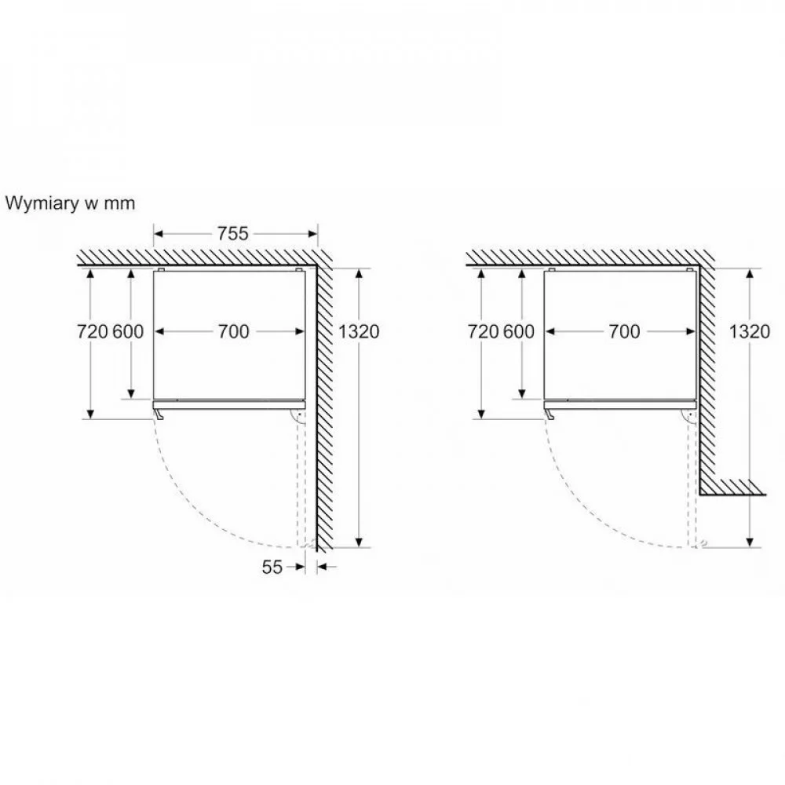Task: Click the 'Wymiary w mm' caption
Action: coord(70,204)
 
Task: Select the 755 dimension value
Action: coord(233,234)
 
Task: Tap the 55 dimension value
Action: coord(272,567)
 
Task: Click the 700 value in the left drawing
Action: coord(233,331)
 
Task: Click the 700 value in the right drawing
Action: coord(624,331)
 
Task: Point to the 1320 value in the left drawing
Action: coord(359,331)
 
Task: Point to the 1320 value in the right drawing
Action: coord(750,331)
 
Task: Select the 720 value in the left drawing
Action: coord(93,331)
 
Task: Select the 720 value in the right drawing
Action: coord(483,331)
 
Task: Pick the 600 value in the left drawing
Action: coord(128,331)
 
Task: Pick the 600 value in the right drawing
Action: coord(519,331)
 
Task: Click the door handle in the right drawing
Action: coord(549,414)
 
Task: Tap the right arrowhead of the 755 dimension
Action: coord(312,234)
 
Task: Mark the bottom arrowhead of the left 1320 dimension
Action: coord(359,542)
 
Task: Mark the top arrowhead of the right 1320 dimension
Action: coord(750,274)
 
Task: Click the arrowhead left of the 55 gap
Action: coord(299,567)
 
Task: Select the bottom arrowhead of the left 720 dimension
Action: coord(90,414)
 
